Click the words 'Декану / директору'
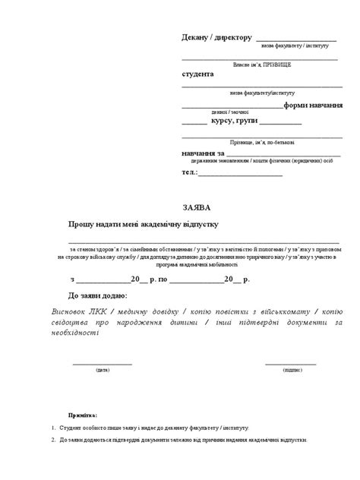(x=216, y=37)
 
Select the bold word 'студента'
(x=197, y=74)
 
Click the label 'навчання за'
(x=204, y=153)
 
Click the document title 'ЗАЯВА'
(x=197, y=207)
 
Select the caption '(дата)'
(x=102, y=371)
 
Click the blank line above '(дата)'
(x=102, y=364)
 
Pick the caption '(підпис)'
(x=292, y=371)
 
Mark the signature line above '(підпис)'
(x=291, y=364)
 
